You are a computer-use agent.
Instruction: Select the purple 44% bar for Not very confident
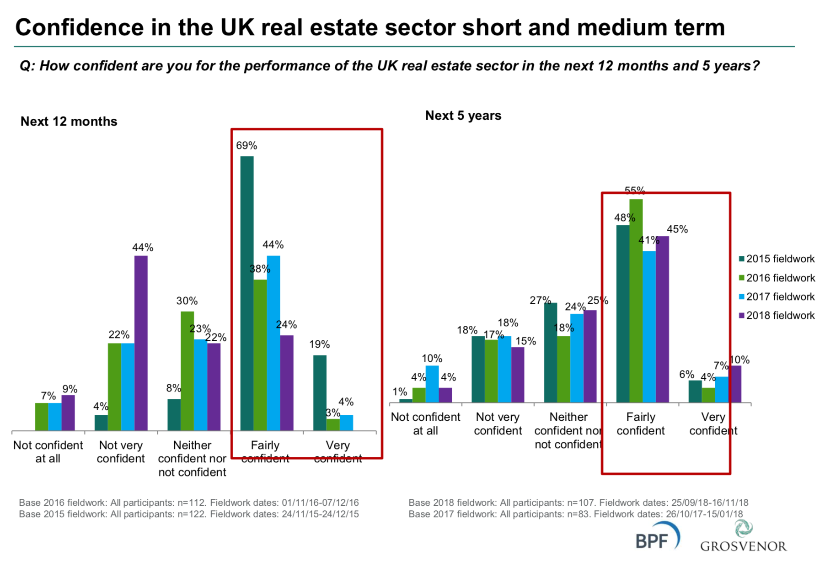(x=141, y=343)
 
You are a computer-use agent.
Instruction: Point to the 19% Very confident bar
(x=320, y=393)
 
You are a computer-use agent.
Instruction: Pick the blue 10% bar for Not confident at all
(x=432, y=384)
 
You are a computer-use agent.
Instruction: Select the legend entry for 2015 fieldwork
(x=777, y=259)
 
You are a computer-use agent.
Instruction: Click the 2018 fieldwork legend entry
(x=777, y=316)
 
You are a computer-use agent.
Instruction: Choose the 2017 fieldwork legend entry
(x=777, y=297)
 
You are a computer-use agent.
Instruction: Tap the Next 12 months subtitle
(x=69, y=122)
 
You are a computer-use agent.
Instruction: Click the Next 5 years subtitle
(x=463, y=116)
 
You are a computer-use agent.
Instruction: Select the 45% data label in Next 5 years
(x=677, y=229)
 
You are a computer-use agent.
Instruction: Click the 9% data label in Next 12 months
(x=70, y=389)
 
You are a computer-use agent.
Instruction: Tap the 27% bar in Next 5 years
(x=551, y=352)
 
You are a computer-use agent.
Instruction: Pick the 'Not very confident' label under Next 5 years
(x=498, y=424)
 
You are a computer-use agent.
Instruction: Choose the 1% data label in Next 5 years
(x=400, y=392)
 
